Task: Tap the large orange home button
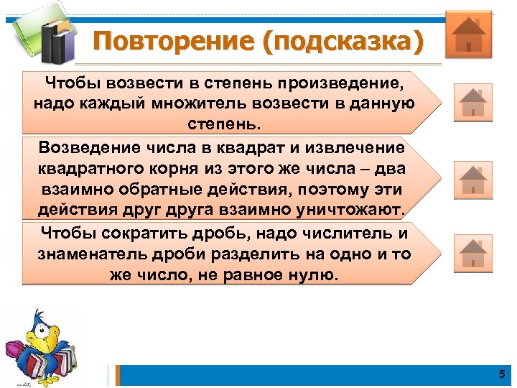468,34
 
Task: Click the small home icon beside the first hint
472,102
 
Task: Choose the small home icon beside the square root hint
472,180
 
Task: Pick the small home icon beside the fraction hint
472,253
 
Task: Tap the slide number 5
501,374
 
